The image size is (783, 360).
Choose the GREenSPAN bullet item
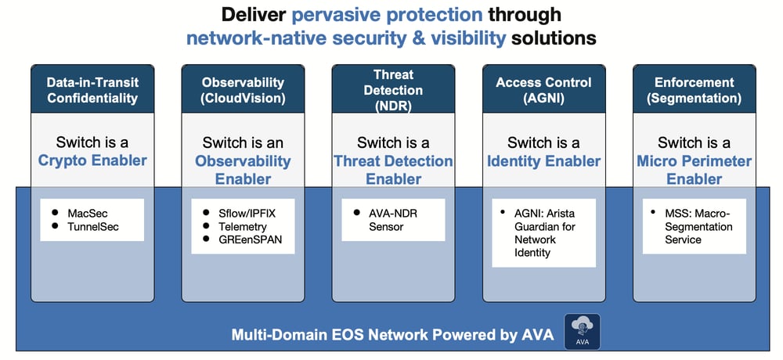(250, 239)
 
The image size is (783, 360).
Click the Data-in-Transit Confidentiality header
(92, 90)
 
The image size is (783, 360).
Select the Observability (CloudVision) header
(242, 90)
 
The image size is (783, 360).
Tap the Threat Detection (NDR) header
(393, 89)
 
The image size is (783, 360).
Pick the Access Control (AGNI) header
(543, 90)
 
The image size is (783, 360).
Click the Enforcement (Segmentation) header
(695, 90)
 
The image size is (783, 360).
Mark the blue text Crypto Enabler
(92, 161)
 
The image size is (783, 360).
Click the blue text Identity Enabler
(543, 161)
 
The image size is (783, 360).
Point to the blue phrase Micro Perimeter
(695, 161)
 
